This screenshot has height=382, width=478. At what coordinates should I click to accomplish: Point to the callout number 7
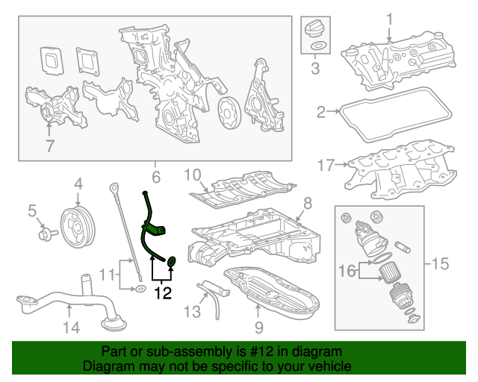click(50, 146)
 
